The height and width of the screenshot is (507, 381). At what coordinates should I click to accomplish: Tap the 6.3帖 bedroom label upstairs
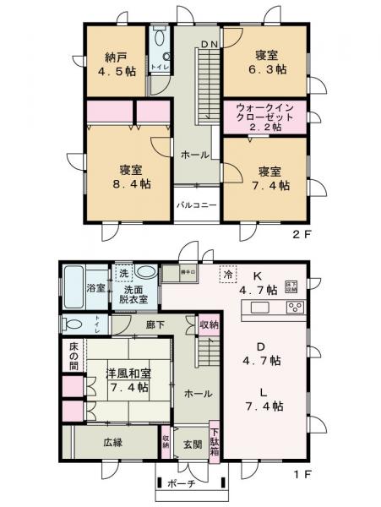(264, 62)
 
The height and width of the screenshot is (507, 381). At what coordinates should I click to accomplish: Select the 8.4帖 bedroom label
(129, 174)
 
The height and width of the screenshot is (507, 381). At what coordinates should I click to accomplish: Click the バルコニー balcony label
(197, 205)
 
